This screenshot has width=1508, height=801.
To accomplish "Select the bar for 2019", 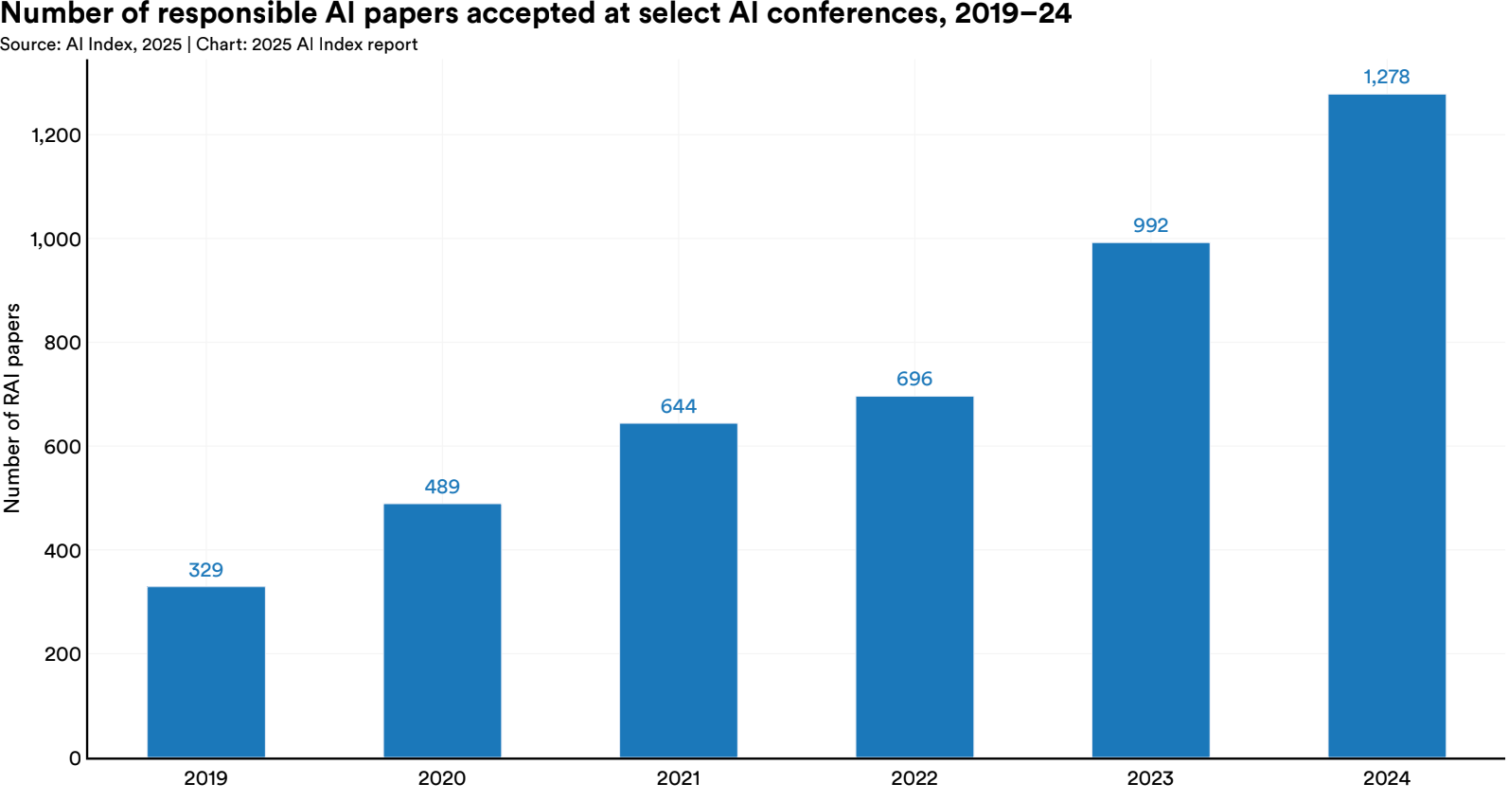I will click(x=206, y=671).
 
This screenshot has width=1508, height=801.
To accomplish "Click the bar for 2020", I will click(x=442, y=630).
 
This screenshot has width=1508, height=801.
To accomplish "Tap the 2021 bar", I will click(x=679, y=590).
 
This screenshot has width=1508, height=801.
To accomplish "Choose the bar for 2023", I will click(x=1150, y=499).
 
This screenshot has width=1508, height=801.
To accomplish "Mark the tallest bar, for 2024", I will click(x=1387, y=425).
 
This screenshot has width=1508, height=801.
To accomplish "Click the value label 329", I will click(x=206, y=570).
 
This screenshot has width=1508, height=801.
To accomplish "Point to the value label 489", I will click(x=442, y=487).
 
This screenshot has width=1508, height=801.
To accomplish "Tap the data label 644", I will click(x=679, y=406).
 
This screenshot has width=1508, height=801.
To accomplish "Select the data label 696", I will click(x=914, y=379).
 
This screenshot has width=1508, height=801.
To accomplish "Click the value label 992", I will click(x=1150, y=225).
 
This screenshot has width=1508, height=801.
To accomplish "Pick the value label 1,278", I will click(x=1387, y=77).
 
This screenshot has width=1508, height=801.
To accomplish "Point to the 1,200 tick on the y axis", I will click(x=57, y=135).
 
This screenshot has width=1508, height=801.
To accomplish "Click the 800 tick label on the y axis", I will click(x=62, y=343).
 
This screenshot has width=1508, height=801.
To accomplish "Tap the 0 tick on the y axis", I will click(x=75, y=758).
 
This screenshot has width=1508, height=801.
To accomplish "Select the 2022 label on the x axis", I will click(x=914, y=778).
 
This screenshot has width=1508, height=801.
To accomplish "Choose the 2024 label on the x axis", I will click(x=1387, y=778).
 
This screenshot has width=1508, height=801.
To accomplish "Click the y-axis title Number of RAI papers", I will click(x=12, y=408).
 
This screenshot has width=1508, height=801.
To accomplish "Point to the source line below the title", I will click(x=208, y=44).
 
